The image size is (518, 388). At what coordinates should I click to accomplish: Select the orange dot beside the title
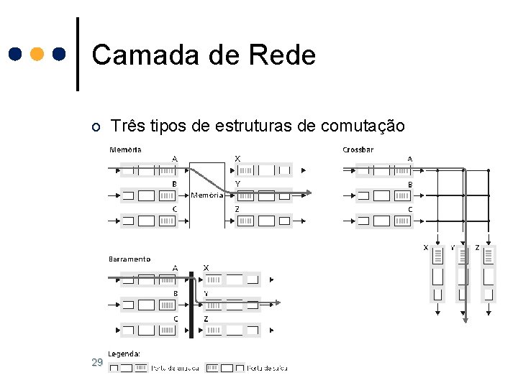click(x=37, y=54)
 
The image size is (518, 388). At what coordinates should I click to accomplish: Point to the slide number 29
click(x=97, y=362)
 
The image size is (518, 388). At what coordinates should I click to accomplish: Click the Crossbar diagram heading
click(x=358, y=149)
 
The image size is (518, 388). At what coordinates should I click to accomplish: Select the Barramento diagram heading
click(x=129, y=259)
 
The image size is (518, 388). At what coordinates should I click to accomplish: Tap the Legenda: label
click(x=124, y=354)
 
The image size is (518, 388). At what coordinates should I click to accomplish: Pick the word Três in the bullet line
click(x=128, y=126)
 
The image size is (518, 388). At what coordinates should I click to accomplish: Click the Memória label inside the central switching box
click(x=207, y=195)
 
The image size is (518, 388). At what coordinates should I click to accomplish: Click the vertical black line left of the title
click(x=78, y=54)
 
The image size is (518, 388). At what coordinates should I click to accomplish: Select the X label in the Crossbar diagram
click(x=425, y=248)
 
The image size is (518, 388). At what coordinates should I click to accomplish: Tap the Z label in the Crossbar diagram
click(x=477, y=248)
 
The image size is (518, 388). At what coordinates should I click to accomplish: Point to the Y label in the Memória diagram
click(x=238, y=183)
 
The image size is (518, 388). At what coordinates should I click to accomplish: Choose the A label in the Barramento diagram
click(x=175, y=268)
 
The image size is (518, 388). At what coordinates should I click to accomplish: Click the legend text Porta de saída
click(x=267, y=368)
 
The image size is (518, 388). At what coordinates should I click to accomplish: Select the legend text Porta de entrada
click(x=173, y=368)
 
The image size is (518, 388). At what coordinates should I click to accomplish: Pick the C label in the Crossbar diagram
click(x=410, y=210)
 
